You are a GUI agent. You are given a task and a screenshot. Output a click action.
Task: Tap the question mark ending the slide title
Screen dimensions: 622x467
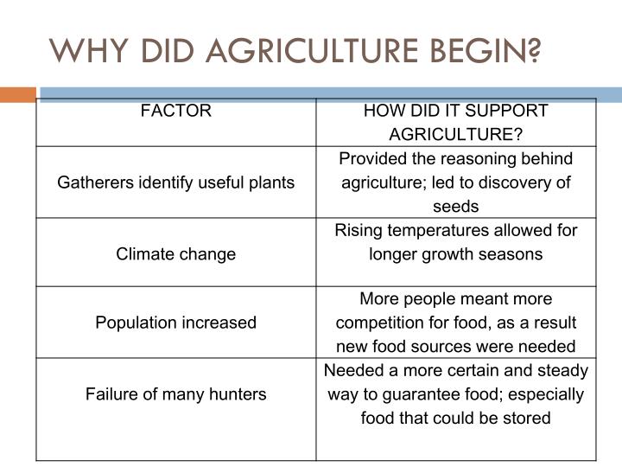click(x=534, y=51)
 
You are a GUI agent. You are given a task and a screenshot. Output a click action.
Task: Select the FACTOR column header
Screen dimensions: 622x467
click(x=175, y=111)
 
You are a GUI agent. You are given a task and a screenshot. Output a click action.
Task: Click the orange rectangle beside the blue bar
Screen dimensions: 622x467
click(x=18, y=95)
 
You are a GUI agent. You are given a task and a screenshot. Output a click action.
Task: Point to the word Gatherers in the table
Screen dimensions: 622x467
click(x=95, y=182)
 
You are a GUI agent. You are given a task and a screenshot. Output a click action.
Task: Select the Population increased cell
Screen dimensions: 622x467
click(x=175, y=323)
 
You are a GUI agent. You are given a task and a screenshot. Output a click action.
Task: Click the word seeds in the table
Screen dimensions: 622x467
click(x=456, y=207)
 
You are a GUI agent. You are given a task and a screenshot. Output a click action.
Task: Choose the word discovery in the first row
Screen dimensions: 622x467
click(x=514, y=182)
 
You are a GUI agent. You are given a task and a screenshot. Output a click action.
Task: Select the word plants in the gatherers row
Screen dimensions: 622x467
click(x=271, y=183)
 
